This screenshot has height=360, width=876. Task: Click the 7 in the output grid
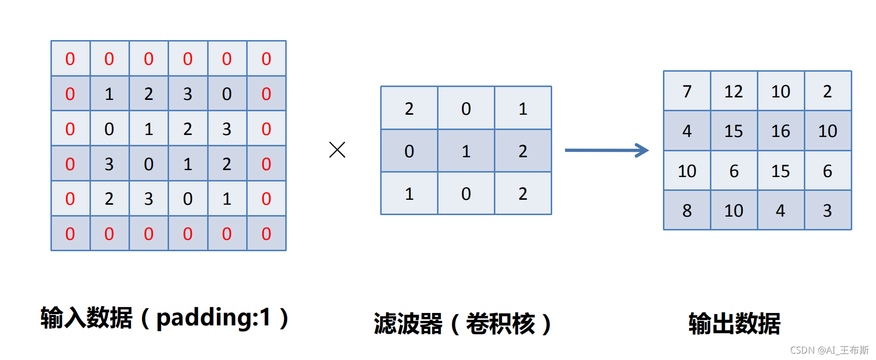687,91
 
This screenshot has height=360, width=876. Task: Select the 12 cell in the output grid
734,91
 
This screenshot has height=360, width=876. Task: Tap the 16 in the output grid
781,131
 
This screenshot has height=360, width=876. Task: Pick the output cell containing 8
687,211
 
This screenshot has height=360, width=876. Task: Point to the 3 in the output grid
828,211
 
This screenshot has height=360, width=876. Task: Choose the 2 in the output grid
828,91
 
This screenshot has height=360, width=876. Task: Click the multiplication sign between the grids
337,150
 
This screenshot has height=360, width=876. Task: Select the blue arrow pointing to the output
607,150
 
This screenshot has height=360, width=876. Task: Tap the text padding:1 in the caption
214,317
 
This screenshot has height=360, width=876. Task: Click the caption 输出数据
734,324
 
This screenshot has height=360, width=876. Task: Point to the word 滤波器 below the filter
408,324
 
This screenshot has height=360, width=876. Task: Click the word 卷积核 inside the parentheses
500,324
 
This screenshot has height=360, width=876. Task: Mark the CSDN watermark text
829,350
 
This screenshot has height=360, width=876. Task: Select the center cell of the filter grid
466,151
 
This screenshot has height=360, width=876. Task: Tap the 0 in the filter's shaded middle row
409,151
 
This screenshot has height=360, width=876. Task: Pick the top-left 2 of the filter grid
409,109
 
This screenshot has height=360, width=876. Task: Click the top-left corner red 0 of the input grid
70,59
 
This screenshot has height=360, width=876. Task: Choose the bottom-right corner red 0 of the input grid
266,234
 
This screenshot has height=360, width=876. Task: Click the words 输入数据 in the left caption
87,317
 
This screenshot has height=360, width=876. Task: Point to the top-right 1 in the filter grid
523,109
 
